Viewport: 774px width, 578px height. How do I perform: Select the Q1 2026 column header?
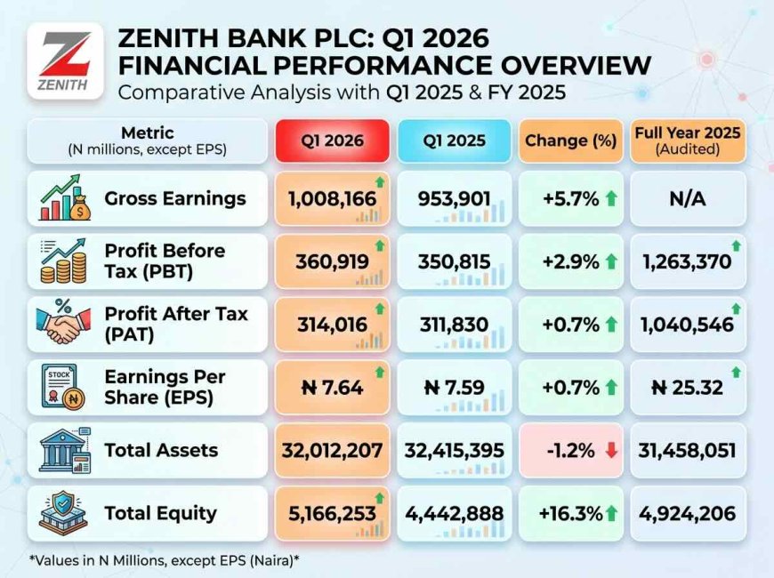pyautogui.click(x=333, y=140)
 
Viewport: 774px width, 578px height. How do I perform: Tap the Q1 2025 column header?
pyautogui.click(x=455, y=140)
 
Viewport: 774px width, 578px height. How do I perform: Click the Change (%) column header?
pyautogui.click(x=570, y=140)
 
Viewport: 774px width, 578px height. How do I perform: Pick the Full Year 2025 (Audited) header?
pyautogui.click(x=688, y=140)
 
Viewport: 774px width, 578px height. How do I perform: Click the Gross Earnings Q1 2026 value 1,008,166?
pyautogui.click(x=327, y=198)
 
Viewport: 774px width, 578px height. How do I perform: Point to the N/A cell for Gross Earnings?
pyautogui.click(x=688, y=198)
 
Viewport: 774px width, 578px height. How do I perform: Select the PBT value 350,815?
pyautogui.click(x=454, y=261)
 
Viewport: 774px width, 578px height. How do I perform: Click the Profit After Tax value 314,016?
pyautogui.click(x=327, y=325)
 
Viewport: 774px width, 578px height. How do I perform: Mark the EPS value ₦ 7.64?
pyautogui.click(x=327, y=388)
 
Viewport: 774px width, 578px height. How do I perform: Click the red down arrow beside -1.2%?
pyautogui.click(x=610, y=450)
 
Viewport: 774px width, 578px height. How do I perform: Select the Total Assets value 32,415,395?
pyautogui.click(x=454, y=450)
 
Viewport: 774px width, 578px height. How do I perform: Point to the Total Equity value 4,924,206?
pyautogui.click(x=688, y=513)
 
